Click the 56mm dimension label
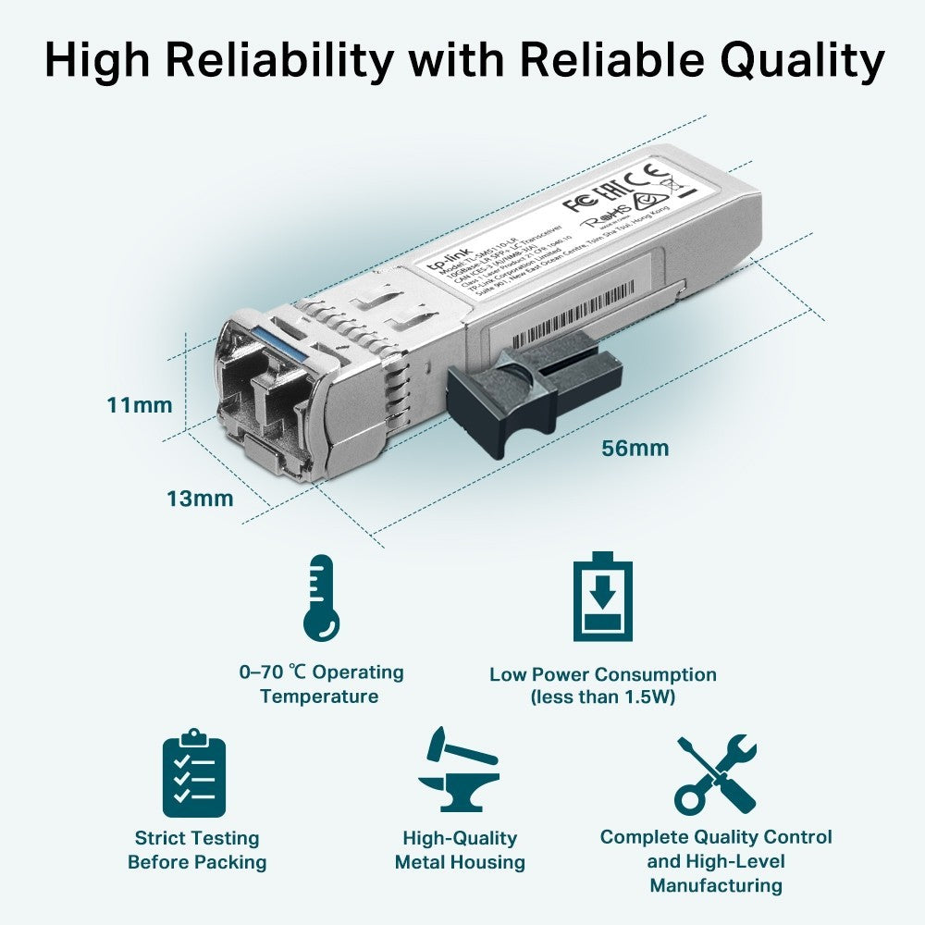tap(635, 450)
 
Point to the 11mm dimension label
tap(140, 405)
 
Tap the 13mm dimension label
tap(200, 499)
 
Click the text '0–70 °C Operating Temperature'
tap(320, 684)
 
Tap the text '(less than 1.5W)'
tap(603, 697)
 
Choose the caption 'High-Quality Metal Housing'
tap(460, 850)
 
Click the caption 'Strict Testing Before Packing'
tap(197, 850)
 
